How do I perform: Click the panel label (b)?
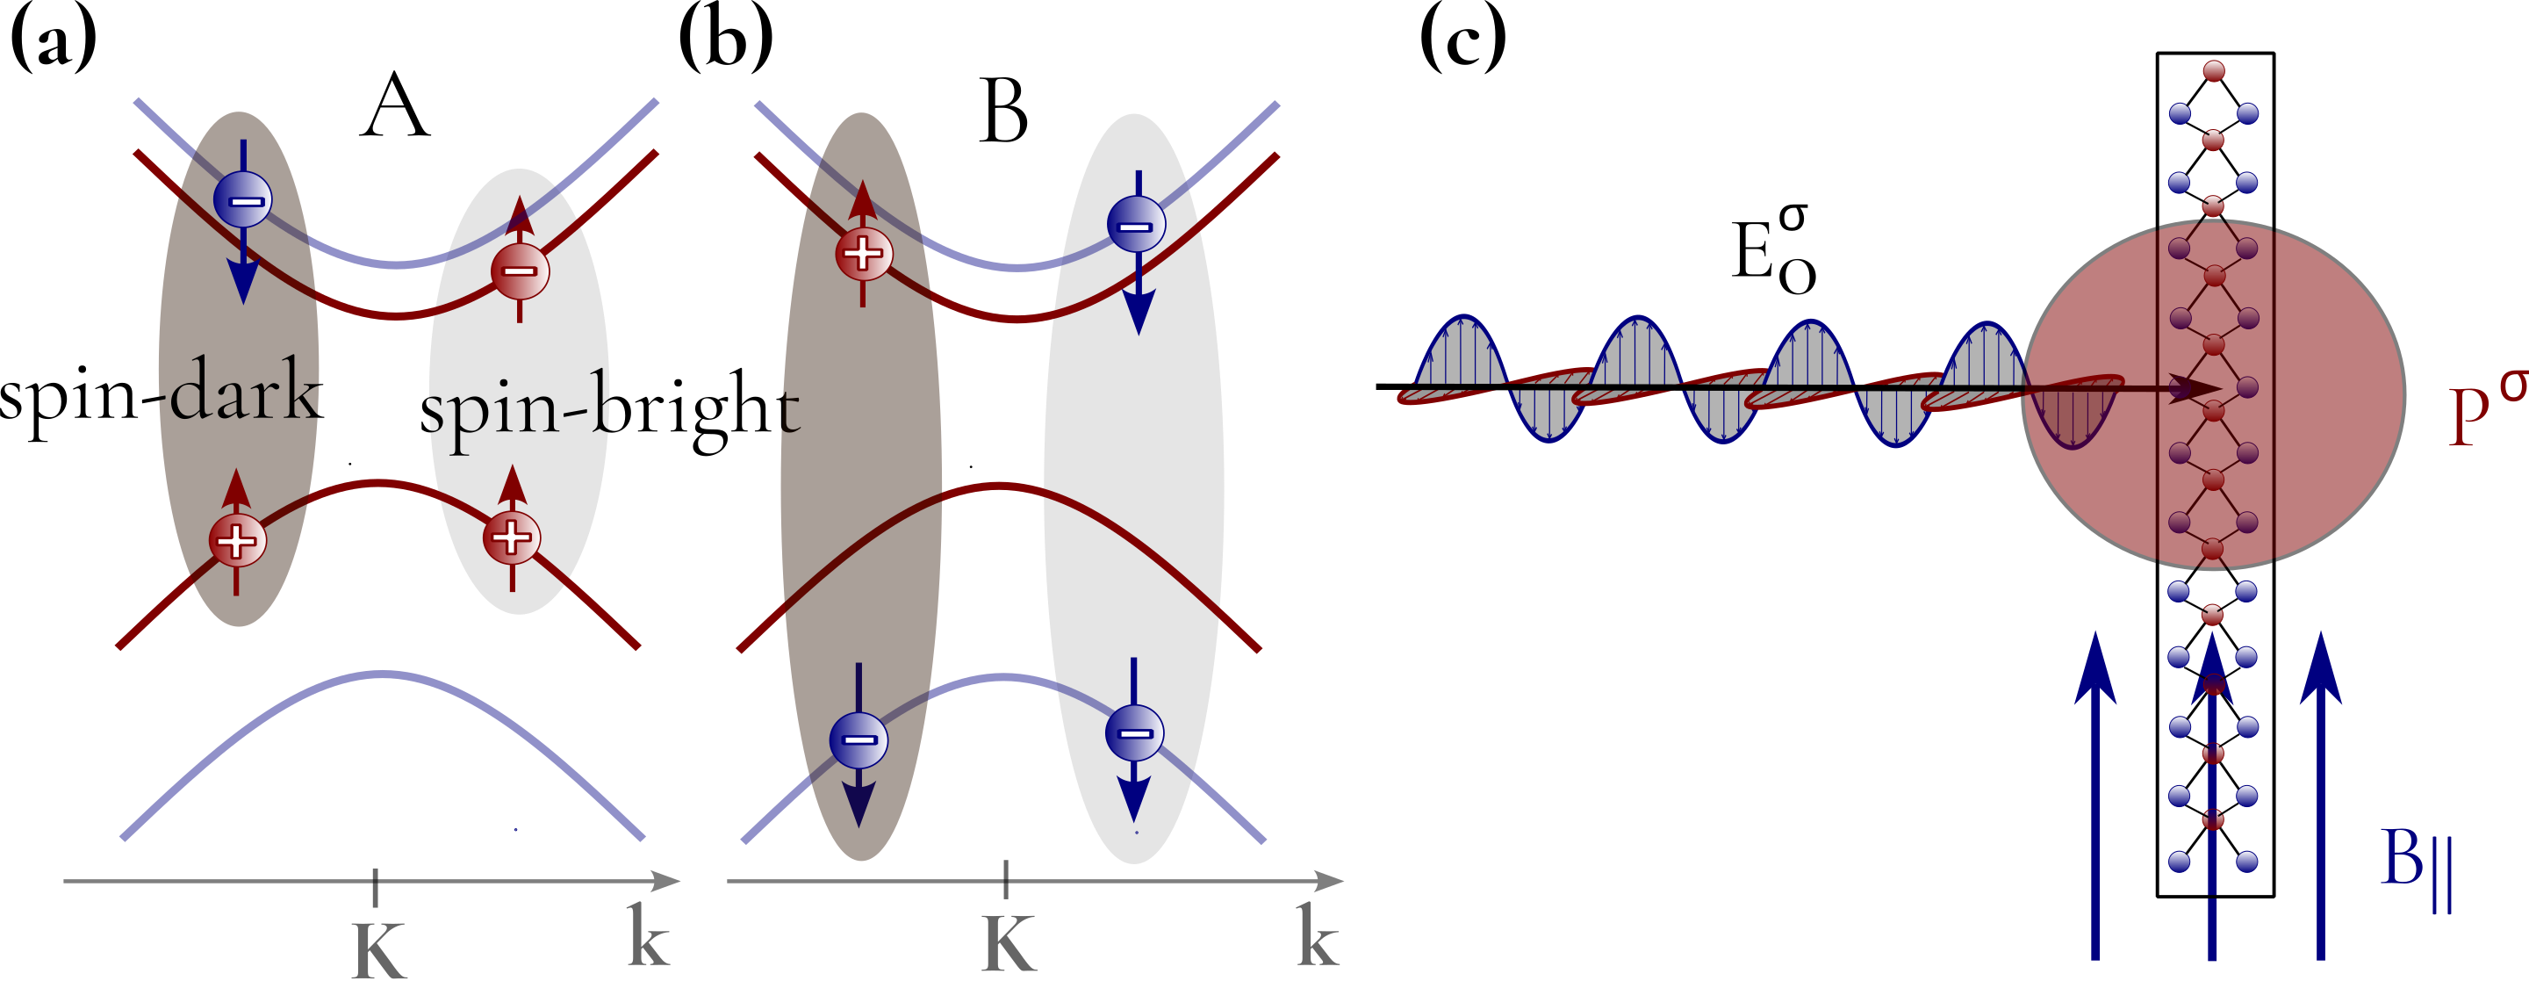(x=725, y=42)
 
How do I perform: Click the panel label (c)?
(x=1462, y=42)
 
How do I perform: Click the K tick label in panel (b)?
(x=1009, y=945)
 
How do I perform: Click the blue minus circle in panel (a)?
(x=242, y=200)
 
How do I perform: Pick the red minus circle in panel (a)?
(x=520, y=271)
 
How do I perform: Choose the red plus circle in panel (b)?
(x=863, y=252)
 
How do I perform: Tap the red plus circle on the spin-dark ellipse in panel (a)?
(x=237, y=539)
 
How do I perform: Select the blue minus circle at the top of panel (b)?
(x=1136, y=225)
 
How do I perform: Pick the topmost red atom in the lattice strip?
(x=2213, y=71)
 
